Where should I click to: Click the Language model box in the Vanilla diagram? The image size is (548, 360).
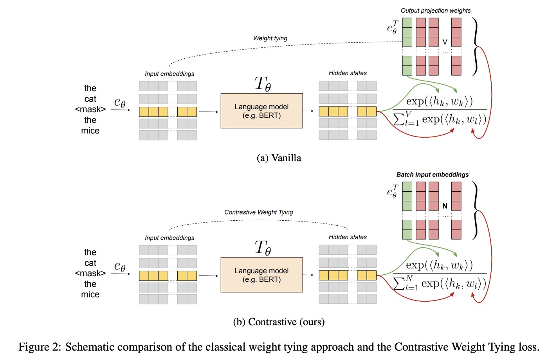261,111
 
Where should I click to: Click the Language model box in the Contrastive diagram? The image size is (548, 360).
261,275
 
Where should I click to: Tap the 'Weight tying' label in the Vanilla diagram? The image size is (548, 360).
270,38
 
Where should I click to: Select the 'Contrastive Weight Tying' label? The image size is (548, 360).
258,212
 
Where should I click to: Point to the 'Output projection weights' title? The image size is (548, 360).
435,11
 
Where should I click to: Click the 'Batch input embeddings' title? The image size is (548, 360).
432,175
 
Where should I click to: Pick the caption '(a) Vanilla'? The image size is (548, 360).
279,158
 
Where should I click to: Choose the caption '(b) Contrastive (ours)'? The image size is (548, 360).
279,322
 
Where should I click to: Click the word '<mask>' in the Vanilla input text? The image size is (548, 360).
90,110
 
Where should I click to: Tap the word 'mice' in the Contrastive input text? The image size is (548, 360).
90,295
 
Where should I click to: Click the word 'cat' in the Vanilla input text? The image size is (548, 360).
90,99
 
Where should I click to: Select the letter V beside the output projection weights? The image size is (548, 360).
445,42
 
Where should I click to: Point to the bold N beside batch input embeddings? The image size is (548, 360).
445,206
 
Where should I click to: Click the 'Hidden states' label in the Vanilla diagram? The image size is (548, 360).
348,73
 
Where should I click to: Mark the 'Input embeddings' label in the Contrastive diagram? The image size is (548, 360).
169,238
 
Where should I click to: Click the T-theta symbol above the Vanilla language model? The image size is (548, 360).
262,84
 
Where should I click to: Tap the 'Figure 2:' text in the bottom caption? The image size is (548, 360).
40,347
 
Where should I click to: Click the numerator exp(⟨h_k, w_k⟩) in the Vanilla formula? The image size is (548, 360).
439,102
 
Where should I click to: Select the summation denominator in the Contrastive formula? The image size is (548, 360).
439,283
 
